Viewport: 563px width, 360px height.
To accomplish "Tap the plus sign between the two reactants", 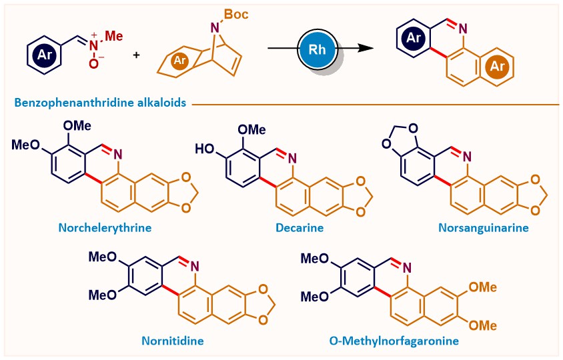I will click(x=137, y=53).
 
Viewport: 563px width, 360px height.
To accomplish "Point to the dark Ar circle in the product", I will click(x=414, y=38).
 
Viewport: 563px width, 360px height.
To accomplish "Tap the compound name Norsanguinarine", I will click(x=484, y=227).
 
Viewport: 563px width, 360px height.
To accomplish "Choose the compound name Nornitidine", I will click(x=172, y=341).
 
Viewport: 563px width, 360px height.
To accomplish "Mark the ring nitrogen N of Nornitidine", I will click(x=193, y=266).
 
